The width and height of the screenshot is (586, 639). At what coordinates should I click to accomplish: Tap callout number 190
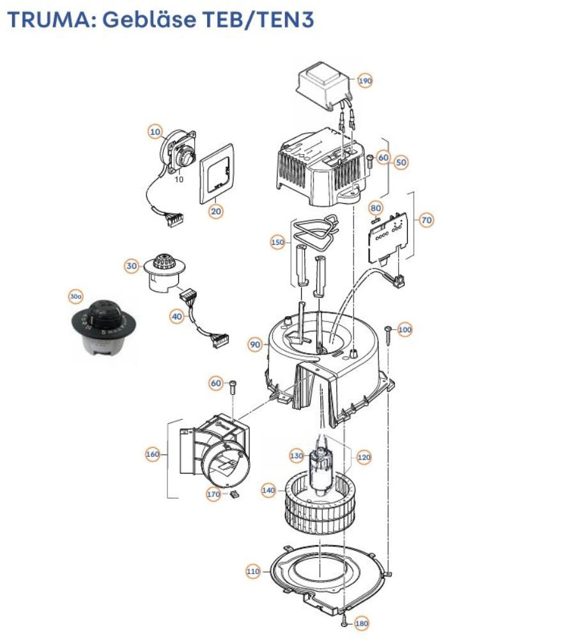click(x=365, y=81)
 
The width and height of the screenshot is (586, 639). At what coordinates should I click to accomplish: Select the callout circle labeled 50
click(x=401, y=162)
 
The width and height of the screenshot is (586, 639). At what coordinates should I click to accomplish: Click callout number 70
click(x=426, y=220)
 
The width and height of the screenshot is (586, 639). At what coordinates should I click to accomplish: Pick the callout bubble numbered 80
click(x=376, y=208)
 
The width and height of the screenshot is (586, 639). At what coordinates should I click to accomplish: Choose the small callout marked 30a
click(x=76, y=296)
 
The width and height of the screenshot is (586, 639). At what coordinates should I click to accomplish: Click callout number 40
click(x=178, y=315)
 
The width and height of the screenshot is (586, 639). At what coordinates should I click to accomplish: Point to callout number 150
click(x=277, y=242)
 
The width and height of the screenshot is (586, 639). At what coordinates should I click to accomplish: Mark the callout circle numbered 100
click(x=405, y=330)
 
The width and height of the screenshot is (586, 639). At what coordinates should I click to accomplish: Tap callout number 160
click(x=152, y=454)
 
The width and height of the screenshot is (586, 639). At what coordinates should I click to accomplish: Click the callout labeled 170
click(x=213, y=494)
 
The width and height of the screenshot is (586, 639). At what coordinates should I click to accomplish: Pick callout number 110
click(x=254, y=571)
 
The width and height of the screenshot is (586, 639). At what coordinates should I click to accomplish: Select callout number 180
click(x=362, y=623)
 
